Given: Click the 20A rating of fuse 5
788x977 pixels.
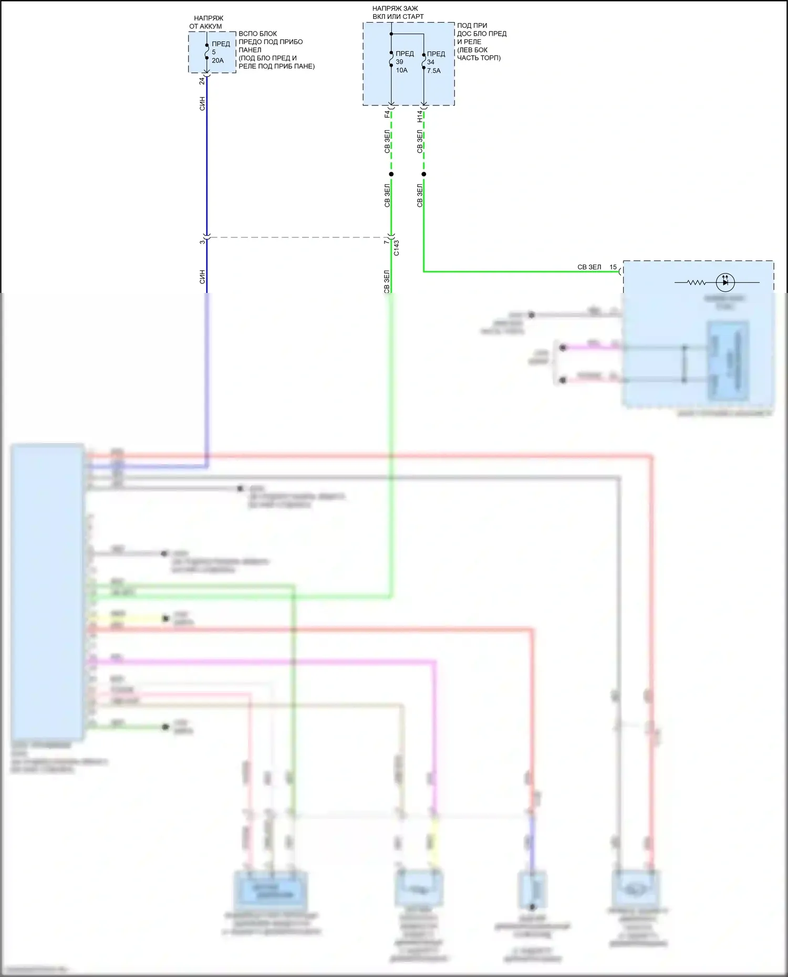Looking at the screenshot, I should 217,60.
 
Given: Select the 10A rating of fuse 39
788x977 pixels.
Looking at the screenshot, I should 401,70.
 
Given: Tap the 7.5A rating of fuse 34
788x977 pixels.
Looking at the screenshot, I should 433,70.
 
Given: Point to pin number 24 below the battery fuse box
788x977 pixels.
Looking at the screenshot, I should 202,81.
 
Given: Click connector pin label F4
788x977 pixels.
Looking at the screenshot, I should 387,113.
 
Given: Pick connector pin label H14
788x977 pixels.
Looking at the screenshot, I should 420,116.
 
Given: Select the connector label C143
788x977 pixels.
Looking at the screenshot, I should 397,248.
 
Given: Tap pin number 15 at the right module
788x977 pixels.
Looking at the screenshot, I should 613,267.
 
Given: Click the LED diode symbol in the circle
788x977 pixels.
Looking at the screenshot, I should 725,282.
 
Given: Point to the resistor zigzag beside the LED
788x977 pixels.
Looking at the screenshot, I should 697,282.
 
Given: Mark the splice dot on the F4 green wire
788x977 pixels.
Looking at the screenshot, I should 391,174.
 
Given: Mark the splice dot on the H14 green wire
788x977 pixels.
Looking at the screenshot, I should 424,174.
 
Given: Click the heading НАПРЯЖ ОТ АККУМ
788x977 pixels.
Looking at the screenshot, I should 207,22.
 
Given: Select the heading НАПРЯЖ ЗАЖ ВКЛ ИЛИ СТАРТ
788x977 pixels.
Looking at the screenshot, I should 398,13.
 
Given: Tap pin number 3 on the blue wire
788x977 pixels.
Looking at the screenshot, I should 202,241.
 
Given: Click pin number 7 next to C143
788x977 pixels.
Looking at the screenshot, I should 386,241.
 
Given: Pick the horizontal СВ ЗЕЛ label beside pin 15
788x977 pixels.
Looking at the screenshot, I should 589,267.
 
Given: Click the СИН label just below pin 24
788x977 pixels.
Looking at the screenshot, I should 202,103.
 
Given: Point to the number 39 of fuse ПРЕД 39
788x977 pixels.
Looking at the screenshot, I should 399,62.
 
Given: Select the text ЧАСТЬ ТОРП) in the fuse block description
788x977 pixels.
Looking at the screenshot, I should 479,58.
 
